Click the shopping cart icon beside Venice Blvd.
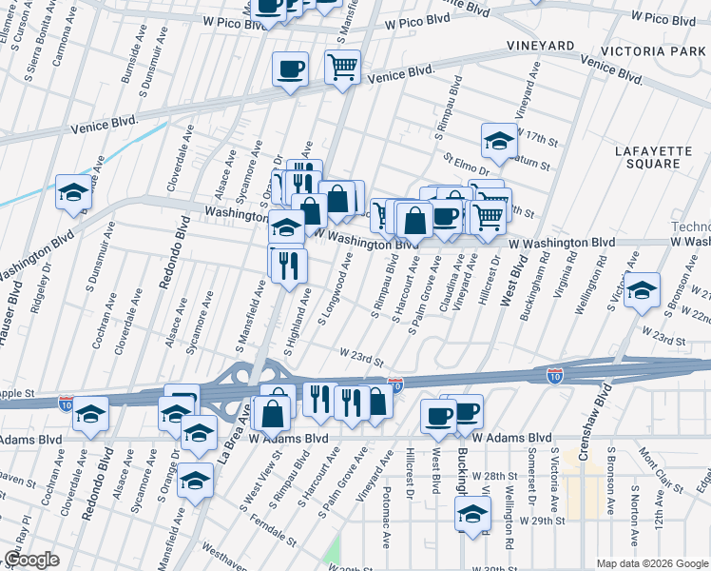pos(342,68)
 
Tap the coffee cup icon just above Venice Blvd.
pos(291,69)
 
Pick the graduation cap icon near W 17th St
pos(499,143)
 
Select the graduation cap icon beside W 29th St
pos(471,513)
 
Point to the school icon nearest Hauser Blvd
pos(73,193)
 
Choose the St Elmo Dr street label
pos(464,165)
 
